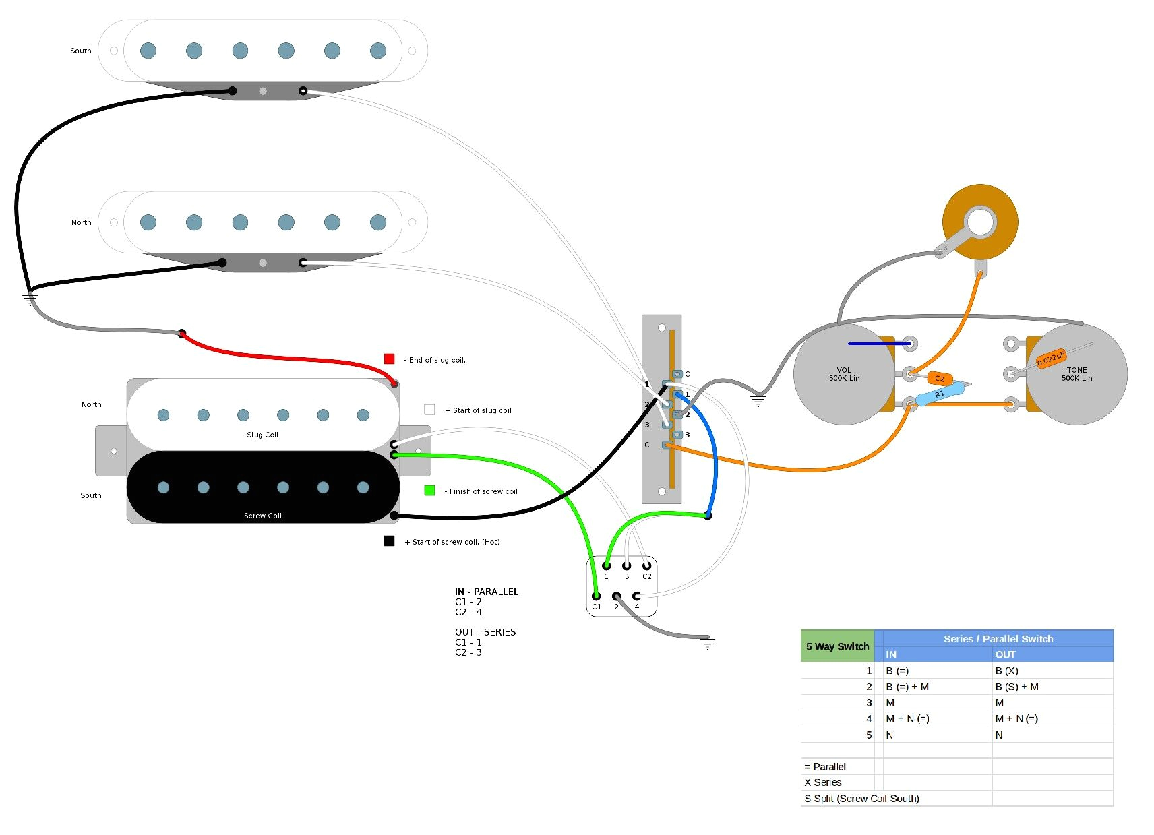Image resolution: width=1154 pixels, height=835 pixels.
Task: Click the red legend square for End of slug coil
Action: click(x=389, y=359)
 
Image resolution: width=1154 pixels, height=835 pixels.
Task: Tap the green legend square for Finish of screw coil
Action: click(x=429, y=491)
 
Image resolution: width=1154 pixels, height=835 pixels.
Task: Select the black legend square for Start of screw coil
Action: click(x=389, y=540)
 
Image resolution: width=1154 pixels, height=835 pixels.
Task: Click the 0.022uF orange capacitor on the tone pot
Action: click(x=1050, y=359)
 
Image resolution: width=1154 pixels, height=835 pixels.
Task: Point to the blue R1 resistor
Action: click(x=939, y=394)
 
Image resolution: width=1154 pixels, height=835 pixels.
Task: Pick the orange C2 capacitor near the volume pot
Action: click(x=940, y=378)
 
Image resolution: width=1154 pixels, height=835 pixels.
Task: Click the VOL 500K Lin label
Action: click(x=844, y=374)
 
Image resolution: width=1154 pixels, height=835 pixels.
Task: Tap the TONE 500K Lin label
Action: click(x=1076, y=374)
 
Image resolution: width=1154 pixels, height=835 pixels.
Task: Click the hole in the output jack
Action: click(x=980, y=222)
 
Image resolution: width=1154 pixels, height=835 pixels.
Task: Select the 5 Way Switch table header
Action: click(x=837, y=646)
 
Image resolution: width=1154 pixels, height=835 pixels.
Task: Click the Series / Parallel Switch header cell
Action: click(x=998, y=638)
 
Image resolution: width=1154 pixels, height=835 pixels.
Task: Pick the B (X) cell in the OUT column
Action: click(x=1006, y=671)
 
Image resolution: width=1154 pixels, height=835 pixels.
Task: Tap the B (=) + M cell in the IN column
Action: click(x=907, y=687)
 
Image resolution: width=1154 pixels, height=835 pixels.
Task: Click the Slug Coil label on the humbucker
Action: click(x=262, y=435)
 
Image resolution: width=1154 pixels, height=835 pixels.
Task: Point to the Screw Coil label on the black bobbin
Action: click(x=262, y=516)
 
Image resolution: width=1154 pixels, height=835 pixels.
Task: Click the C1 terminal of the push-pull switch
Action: click(x=596, y=596)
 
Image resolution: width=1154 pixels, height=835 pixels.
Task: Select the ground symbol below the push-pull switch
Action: click(x=707, y=642)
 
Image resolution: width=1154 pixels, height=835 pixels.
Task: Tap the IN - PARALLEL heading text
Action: click(x=486, y=592)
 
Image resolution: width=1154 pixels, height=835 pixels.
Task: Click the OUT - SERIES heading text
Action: click(x=485, y=632)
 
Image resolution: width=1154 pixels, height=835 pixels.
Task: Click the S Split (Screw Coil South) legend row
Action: click(x=861, y=799)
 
